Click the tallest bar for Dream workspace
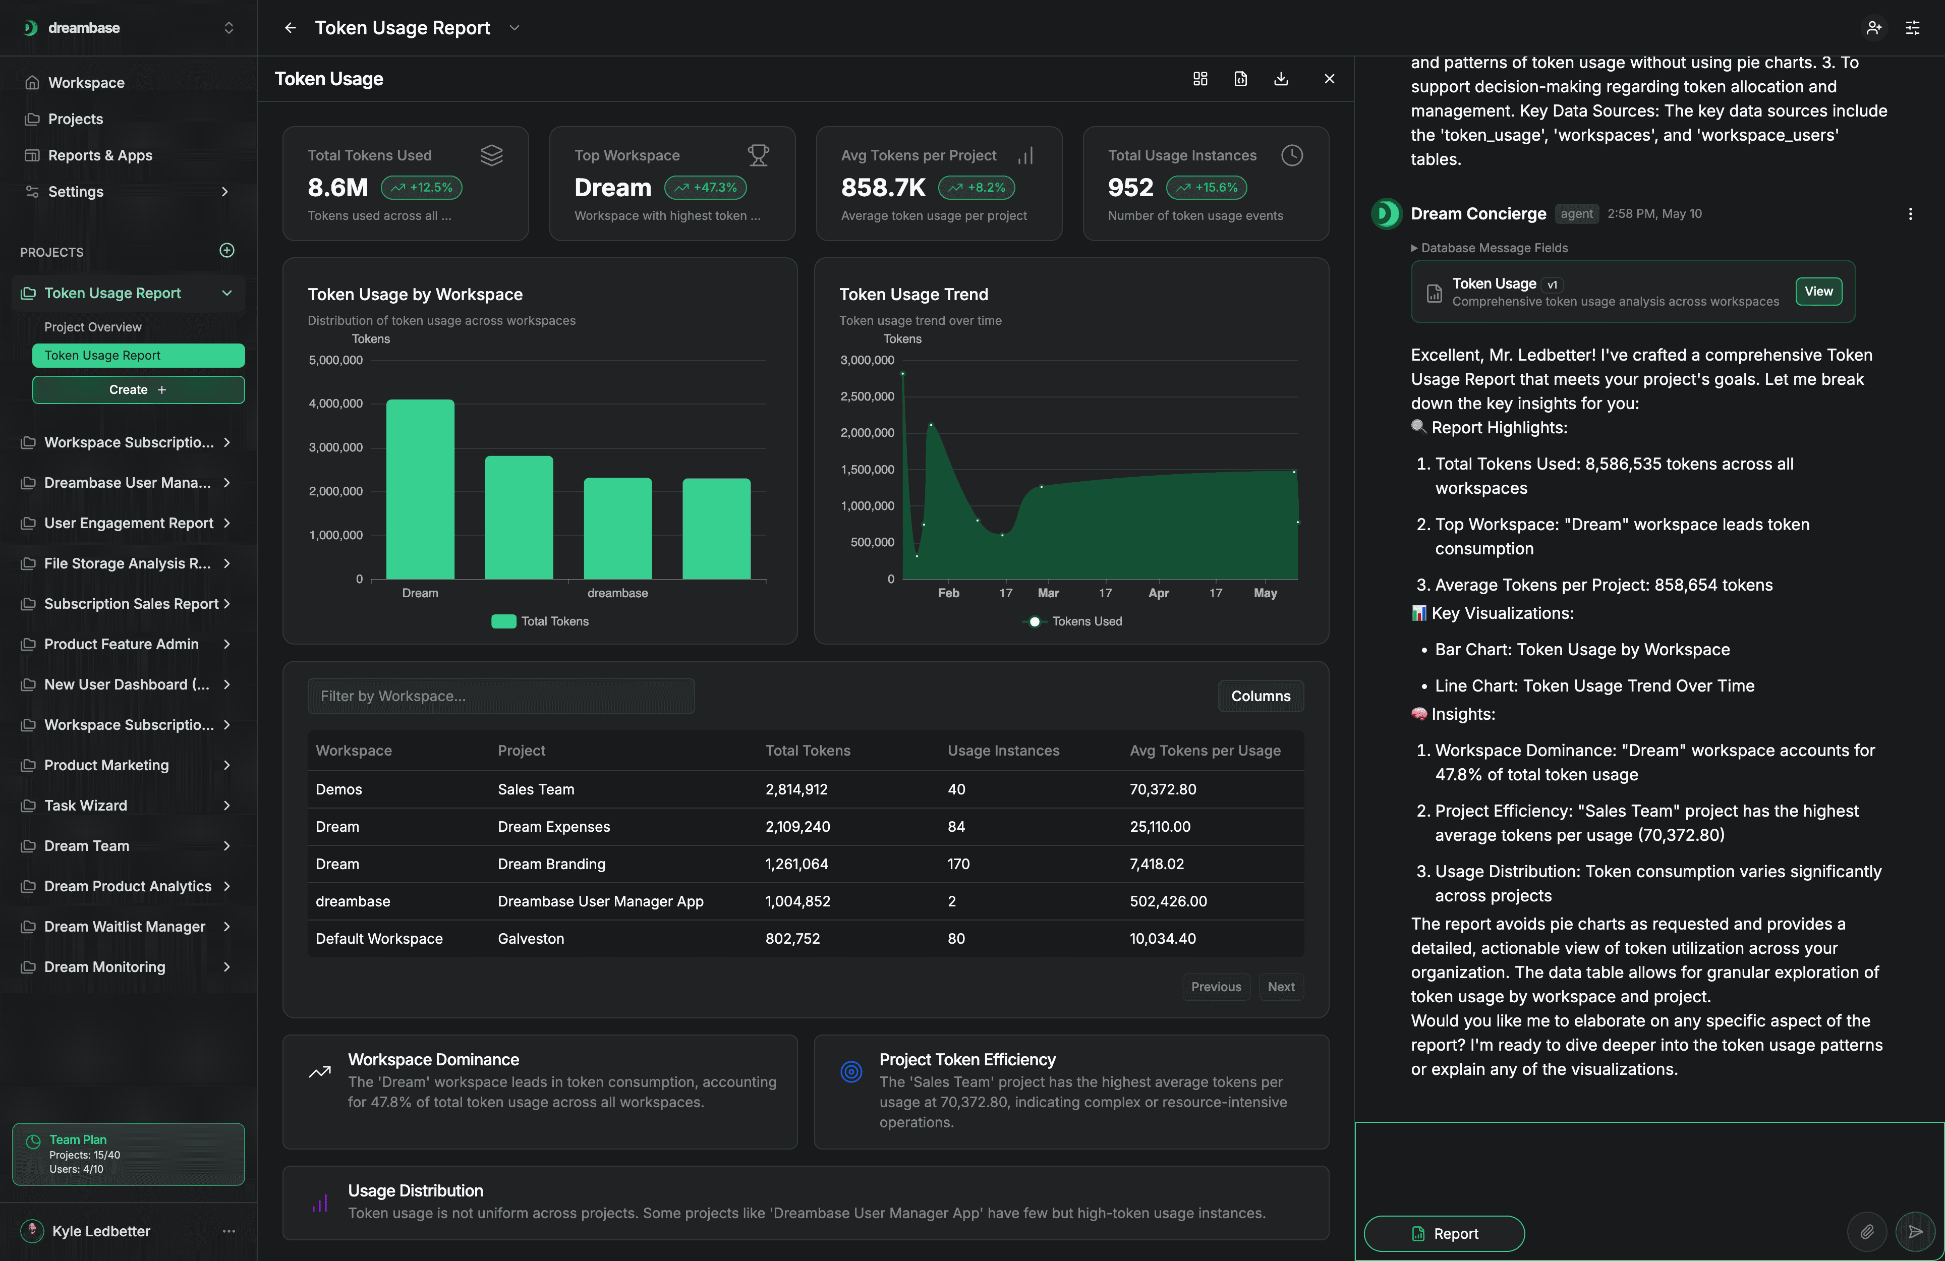point(420,490)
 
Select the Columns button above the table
point(1260,696)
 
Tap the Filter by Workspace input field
point(501,696)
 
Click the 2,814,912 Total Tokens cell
point(796,789)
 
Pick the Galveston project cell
point(530,939)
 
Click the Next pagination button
point(1281,987)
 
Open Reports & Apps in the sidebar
point(100,155)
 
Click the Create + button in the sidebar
point(138,390)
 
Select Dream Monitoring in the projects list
point(104,967)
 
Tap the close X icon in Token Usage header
point(1329,79)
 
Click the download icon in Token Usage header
point(1281,79)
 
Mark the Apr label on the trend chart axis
point(1158,593)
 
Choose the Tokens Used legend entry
point(1072,622)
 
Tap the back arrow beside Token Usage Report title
point(290,28)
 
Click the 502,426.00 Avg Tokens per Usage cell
point(1168,901)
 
